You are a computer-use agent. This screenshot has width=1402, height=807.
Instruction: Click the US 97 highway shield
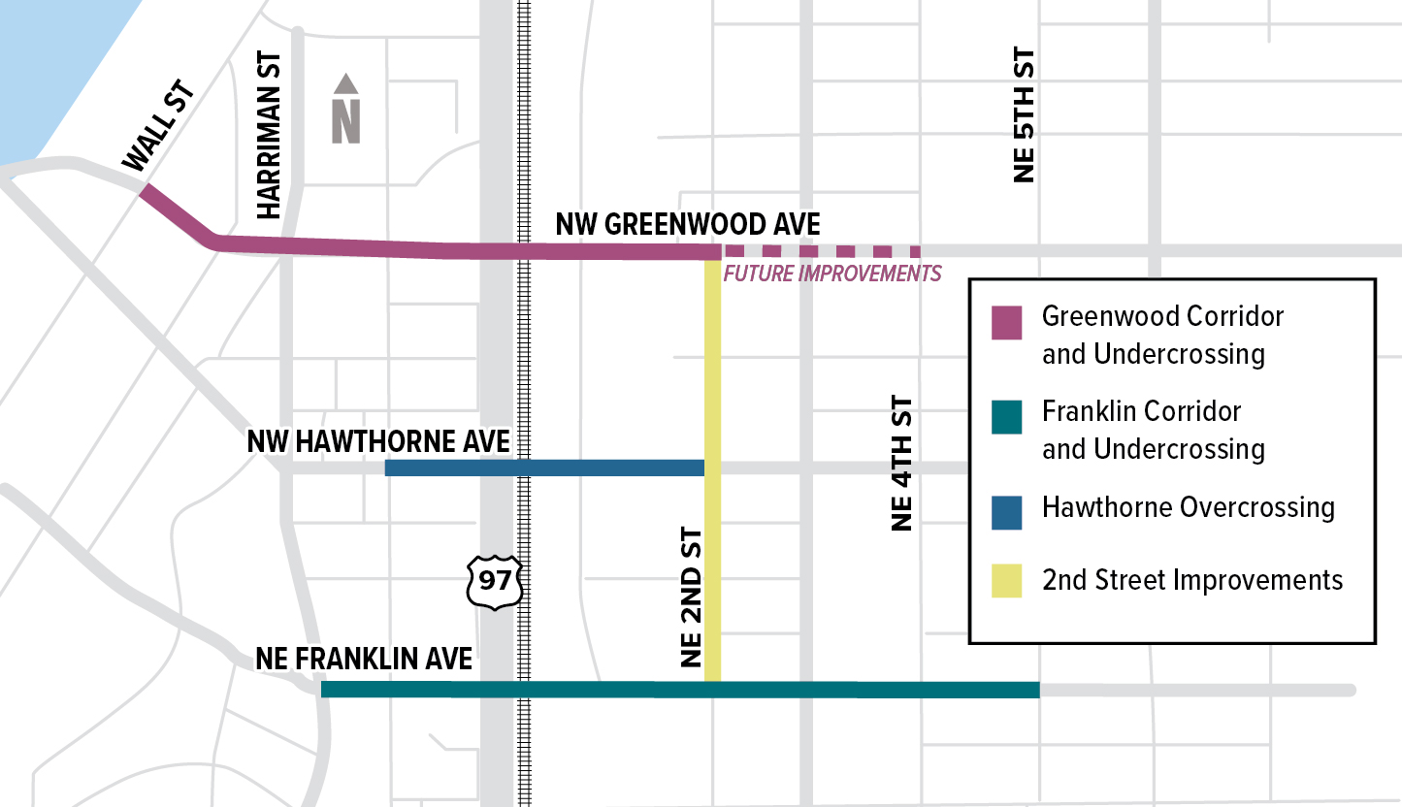click(x=496, y=582)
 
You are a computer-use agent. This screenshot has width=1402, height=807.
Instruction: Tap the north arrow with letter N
click(x=346, y=109)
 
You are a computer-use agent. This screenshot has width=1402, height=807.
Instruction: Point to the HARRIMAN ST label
click(x=269, y=136)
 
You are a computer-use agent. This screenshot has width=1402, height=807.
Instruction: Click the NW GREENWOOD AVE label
click(x=688, y=225)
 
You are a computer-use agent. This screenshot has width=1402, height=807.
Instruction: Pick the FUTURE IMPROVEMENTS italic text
click(x=832, y=274)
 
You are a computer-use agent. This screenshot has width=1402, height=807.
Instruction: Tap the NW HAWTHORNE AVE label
click(x=378, y=441)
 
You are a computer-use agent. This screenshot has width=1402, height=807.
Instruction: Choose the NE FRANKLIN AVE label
click(x=364, y=660)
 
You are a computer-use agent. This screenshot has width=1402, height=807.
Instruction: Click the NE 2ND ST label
click(x=691, y=597)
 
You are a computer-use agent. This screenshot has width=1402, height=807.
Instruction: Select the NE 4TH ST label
click(x=902, y=464)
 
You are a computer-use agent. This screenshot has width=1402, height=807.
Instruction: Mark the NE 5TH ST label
click(x=1025, y=116)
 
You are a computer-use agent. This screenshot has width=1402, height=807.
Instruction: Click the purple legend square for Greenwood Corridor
click(x=1006, y=323)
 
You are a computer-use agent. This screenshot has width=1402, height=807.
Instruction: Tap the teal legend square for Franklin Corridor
click(x=1006, y=418)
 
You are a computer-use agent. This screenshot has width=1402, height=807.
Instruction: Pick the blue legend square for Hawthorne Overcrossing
click(x=1006, y=513)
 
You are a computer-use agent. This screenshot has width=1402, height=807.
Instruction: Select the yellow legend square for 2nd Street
click(x=1006, y=581)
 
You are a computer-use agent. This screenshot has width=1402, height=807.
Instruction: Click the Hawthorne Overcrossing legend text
click(x=1188, y=507)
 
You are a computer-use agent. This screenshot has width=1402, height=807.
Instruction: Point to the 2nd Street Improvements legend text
click(x=1192, y=580)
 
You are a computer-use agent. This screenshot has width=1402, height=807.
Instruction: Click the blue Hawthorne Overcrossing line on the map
click(x=543, y=468)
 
